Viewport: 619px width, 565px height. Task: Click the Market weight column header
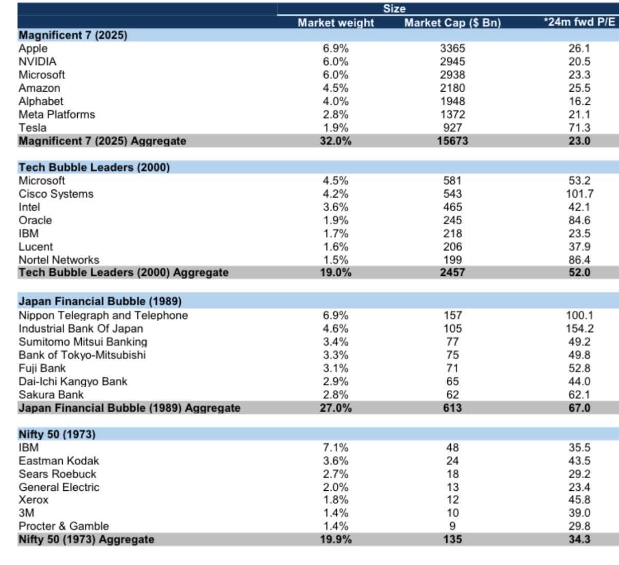(x=336, y=23)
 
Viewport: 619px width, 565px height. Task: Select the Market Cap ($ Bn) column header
(x=452, y=23)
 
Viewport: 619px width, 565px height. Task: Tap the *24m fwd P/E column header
(x=579, y=22)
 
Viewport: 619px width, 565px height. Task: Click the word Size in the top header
(x=394, y=9)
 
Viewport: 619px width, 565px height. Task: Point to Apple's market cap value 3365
(x=452, y=48)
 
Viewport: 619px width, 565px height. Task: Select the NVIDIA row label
(x=38, y=62)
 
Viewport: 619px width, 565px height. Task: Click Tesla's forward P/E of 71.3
(x=579, y=128)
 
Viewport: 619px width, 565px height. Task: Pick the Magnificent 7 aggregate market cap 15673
(x=452, y=141)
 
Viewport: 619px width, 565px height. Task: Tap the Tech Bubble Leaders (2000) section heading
(x=94, y=167)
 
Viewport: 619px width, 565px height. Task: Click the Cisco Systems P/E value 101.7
(x=579, y=194)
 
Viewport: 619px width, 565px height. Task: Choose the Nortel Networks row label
(x=59, y=260)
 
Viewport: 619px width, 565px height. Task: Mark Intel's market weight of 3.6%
(x=335, y=207)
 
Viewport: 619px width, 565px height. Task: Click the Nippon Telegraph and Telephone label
(x=103, y=315)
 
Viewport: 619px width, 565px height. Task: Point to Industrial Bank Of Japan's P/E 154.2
(x=579, y=329)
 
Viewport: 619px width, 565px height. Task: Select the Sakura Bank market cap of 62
(x=452, y=395)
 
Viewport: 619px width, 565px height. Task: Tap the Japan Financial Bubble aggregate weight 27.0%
(x=335, y=408)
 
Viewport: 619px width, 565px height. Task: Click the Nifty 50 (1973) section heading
(x=57, y=434)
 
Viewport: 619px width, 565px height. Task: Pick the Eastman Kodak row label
(x=59, y=461)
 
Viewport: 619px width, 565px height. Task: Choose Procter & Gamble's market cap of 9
(x=452, y=526)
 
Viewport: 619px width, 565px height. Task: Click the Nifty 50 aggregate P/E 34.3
(x=579, y=539)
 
